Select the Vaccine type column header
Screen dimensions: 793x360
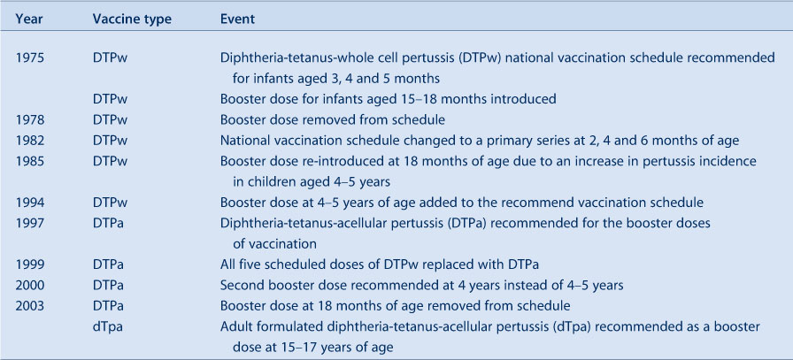(133, 19)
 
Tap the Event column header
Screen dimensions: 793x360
(237, 19)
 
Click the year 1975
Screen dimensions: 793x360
(30, 57)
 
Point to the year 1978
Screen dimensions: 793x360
(30, 119)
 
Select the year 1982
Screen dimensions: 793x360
(30, 141)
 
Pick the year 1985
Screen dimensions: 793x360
(30, 161)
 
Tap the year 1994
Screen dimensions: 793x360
(30, 203)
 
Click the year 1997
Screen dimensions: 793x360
(30, 224)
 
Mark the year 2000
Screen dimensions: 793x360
(30, 285)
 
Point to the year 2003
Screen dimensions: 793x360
(30, 306)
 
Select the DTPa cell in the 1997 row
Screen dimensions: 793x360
(108, 224)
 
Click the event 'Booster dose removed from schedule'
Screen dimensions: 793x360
(332, 119)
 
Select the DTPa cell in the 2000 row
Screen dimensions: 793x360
(108, 285)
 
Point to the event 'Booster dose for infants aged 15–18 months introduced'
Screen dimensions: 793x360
(388, 99)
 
